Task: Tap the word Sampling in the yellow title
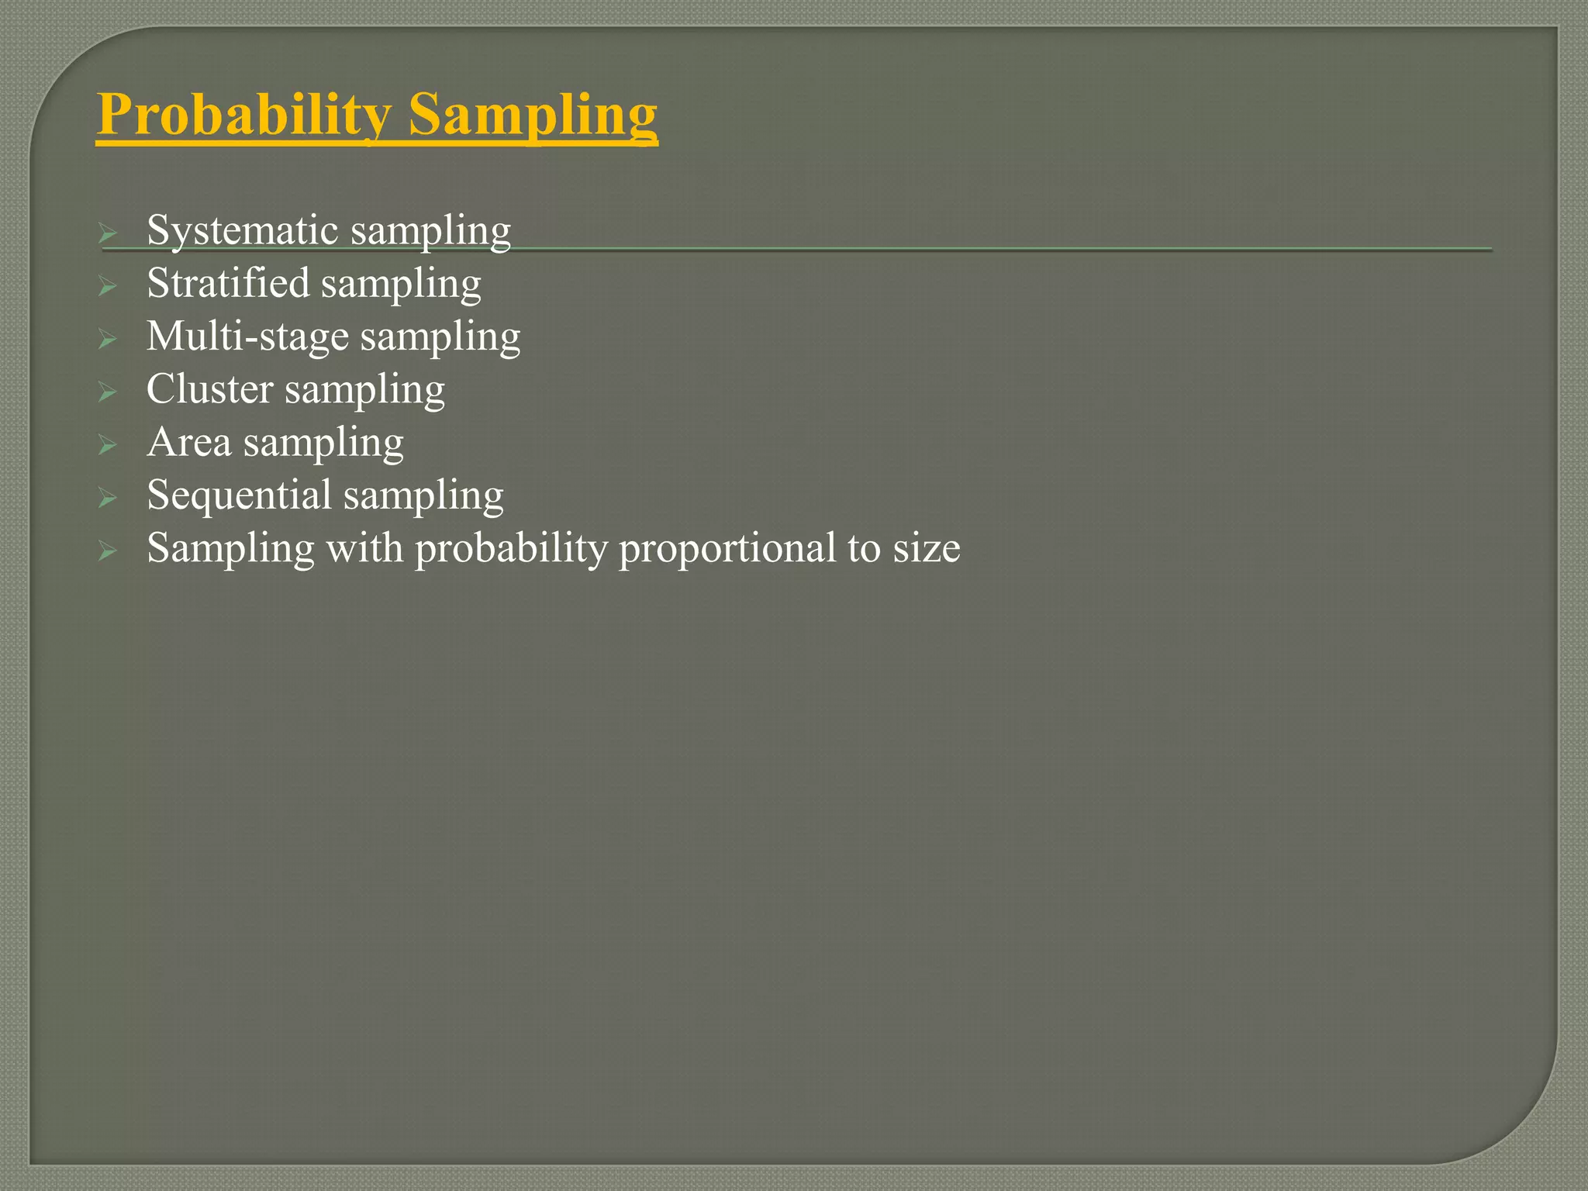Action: click(533, 115)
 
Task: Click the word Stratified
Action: click(228, 283)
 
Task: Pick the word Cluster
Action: click(209, 389)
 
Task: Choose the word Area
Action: click(189, 443)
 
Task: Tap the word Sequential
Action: click(239, 495)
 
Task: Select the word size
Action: click(927, 549)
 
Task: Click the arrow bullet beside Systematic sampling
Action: click(107, 233)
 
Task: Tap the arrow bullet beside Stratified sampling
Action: click(107, 286)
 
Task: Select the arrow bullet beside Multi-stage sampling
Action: click(107, 339)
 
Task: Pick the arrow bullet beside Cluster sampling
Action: click(107, 392)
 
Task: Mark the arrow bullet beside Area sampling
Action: click(107, 445)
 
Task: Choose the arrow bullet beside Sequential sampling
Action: click(107, 498)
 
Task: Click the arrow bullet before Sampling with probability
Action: click(107, 551)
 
